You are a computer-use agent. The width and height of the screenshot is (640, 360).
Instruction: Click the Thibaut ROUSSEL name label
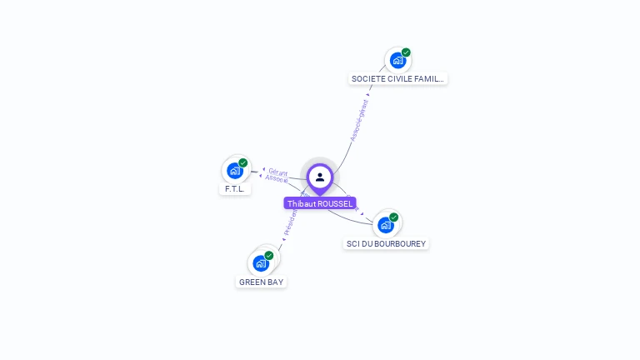click(320, 203)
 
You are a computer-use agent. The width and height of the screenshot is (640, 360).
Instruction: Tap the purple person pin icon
click(320, 177)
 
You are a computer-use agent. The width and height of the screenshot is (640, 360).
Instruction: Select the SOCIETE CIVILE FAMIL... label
click(398, 79)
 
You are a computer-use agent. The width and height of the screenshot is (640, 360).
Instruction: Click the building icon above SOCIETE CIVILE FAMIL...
click(397, 60)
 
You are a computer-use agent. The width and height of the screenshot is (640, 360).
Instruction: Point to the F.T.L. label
click(234, 189)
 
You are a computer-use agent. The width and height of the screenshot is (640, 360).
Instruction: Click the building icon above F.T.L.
click(235, 170)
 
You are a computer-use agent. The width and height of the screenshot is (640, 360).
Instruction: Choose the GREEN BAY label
click(262, 282)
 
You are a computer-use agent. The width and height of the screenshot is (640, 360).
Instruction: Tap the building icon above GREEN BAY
click(261, 263)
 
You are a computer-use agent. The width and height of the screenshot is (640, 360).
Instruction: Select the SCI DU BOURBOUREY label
click(386, 244)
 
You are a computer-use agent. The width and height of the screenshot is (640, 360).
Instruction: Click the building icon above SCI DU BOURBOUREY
click(385, 224)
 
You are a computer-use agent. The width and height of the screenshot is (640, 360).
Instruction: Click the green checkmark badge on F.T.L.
click(243, 163)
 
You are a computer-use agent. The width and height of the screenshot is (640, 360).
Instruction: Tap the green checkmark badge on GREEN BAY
click(269, 256)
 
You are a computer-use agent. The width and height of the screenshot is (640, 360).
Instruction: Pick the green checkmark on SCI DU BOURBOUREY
click(394, 217)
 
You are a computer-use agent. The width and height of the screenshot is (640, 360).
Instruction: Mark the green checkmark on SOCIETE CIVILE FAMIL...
click(406, 52)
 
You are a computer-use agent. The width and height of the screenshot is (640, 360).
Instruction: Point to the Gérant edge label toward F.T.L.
click(278, 172)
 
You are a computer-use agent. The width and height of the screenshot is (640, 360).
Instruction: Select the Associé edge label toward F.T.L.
click(276, 179)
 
